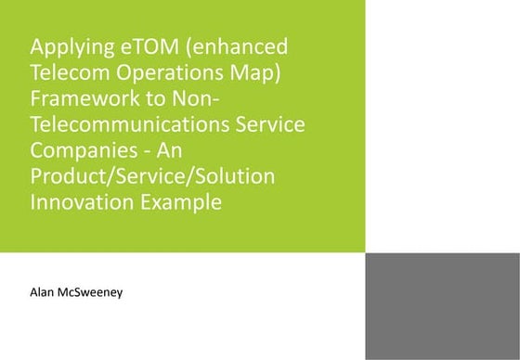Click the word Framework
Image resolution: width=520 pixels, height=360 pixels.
[x=84, y=98]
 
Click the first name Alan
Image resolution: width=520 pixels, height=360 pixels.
[x=45, y=293]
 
